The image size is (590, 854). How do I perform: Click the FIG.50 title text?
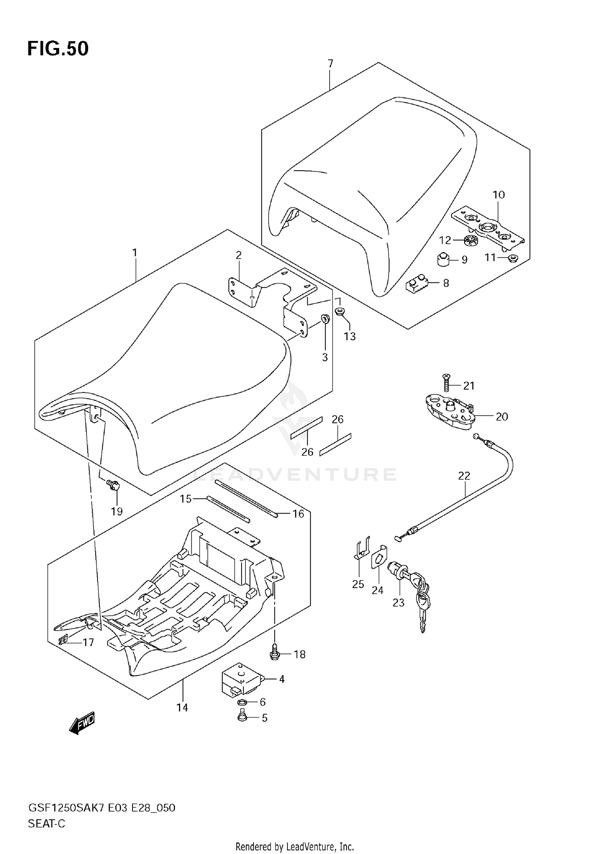58,49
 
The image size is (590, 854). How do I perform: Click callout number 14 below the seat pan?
182,708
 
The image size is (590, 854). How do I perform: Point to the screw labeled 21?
446,382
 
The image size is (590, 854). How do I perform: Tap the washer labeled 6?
242,702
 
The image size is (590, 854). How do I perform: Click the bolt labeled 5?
242,716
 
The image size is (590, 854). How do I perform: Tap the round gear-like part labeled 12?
469,240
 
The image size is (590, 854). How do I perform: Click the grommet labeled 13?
340,311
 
